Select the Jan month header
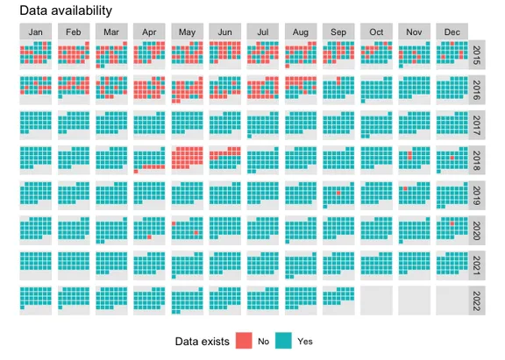click(36, 32)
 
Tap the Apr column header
click(149, 32)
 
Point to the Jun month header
click(225, 32)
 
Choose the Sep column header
click(338, 32)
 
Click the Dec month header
click(452, 32)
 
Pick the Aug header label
click(301, 32)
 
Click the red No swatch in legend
click(242, 340)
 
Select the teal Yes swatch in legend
click(283, 340)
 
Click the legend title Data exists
click(201, 340)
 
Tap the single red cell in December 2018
click(450, 159)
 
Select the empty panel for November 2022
click(414, 300)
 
